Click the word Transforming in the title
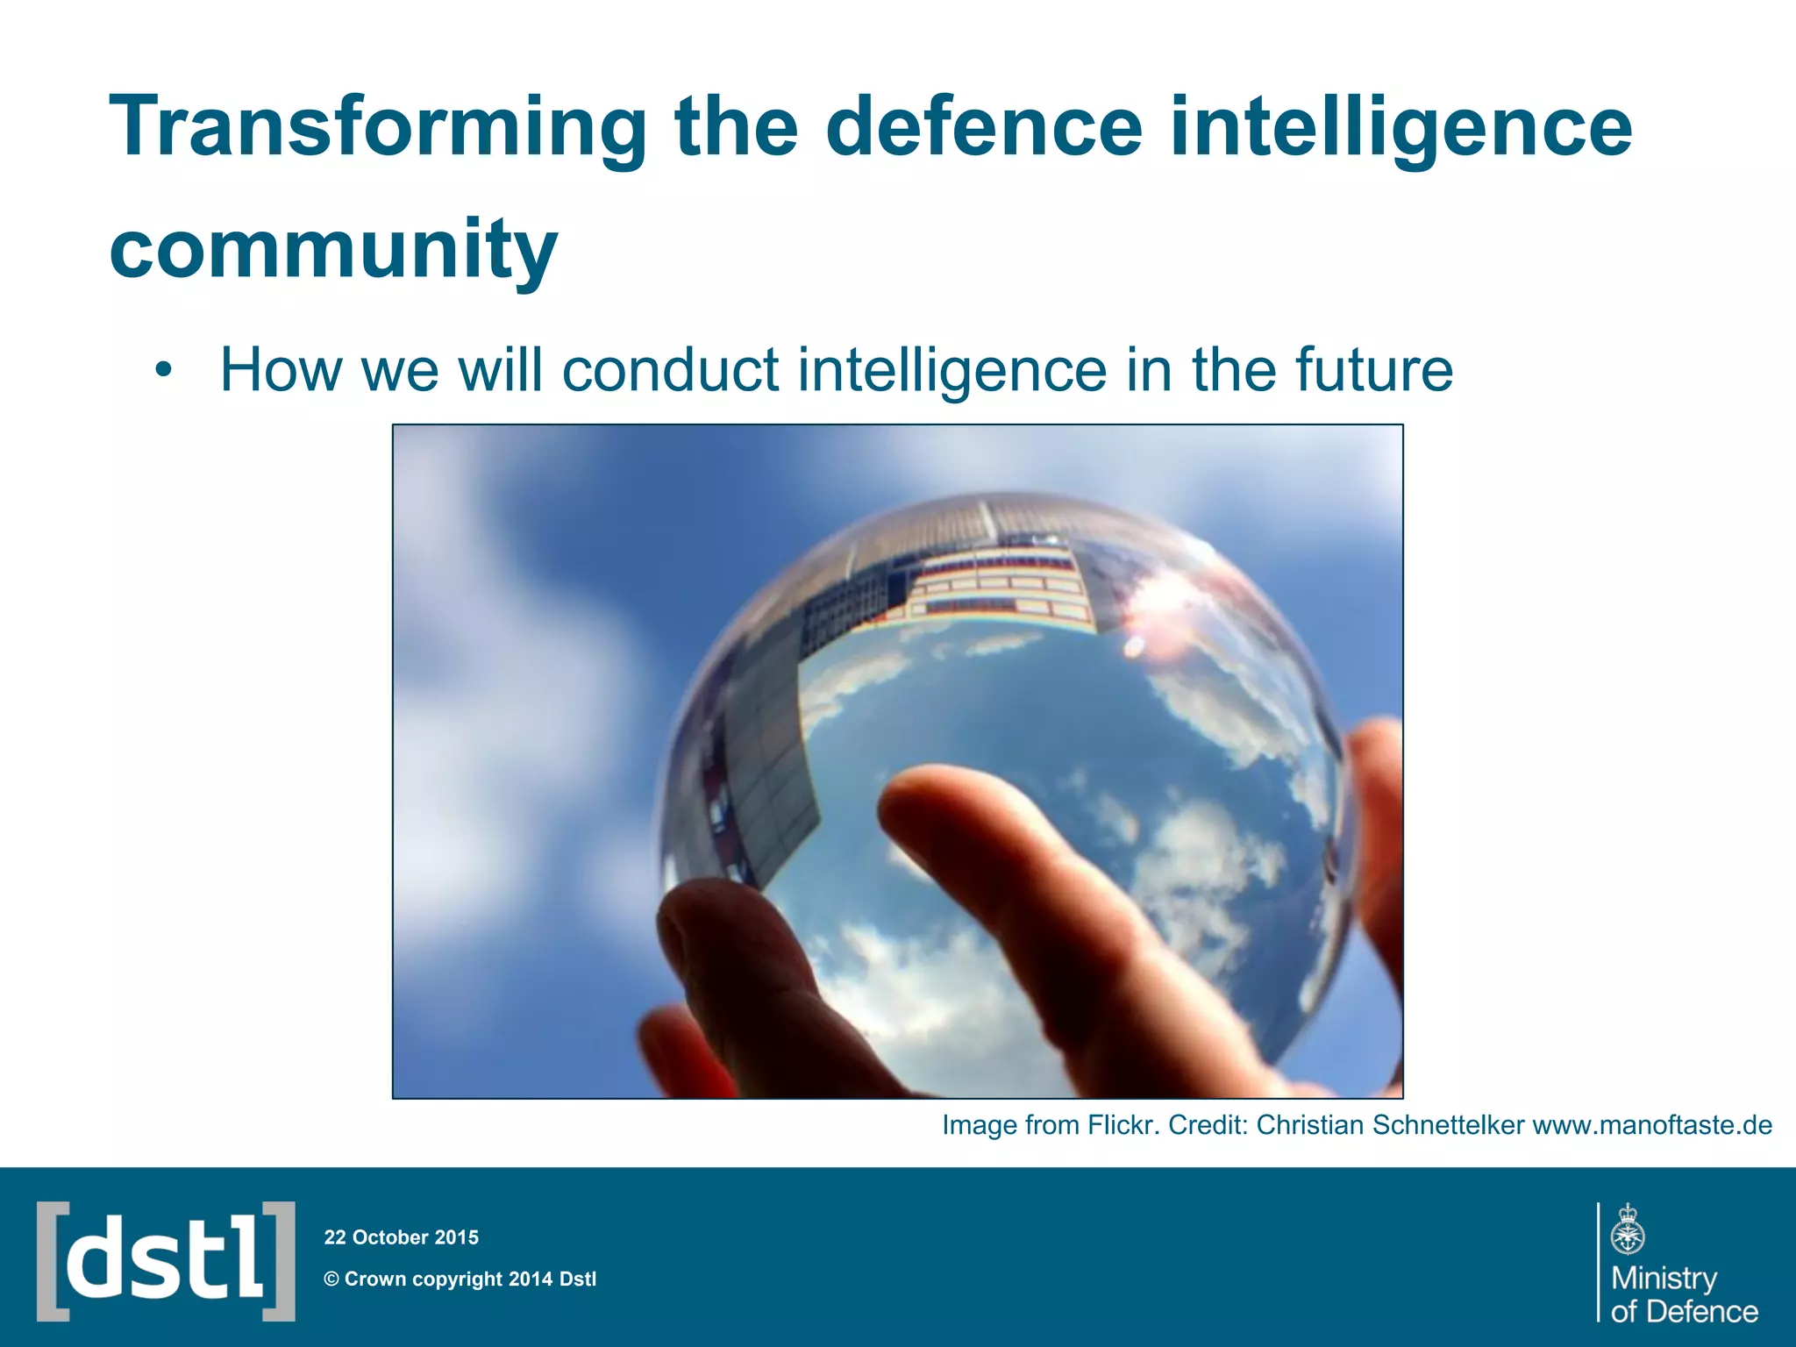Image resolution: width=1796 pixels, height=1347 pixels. tap(377, 129)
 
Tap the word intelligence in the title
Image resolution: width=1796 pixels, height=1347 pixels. tap(1400, 129)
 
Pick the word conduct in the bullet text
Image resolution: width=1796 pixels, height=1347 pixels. tap(670, 369)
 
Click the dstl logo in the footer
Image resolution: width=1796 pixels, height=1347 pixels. tap(166, 1261)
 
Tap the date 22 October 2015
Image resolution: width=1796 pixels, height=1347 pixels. tap(402, 1237)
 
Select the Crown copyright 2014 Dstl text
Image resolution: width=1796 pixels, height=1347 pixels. tap(460, 1279)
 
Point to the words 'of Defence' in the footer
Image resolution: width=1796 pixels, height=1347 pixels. tap(1685, 1311)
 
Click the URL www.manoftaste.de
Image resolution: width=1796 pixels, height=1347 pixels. tap(1651, 1125)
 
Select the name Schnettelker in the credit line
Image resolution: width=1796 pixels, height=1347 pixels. tap(1448, 1125)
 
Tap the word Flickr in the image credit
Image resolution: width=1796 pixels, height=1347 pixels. tap(1122, 1125)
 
